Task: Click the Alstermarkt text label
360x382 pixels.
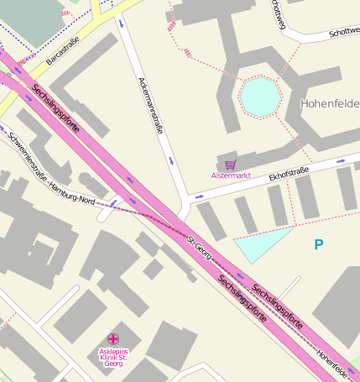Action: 231,175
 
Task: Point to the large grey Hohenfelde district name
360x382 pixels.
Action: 330,103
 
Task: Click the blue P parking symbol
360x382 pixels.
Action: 318,244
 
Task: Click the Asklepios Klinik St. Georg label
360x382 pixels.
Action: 113,358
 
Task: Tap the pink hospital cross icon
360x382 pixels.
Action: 113,338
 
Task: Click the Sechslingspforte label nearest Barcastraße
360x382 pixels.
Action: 56,110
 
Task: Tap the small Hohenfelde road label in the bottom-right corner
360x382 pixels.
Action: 334,361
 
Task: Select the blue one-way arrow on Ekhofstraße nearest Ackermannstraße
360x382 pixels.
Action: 199,196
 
